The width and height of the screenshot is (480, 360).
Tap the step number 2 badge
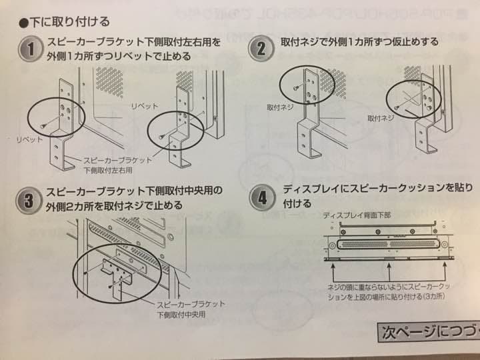click(x=261, y=47)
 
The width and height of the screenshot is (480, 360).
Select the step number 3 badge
click(x=29, y=198)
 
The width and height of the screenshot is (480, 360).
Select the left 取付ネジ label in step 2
click(x=281, y=107)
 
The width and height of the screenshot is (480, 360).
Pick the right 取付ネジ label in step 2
click(x=381, y=118)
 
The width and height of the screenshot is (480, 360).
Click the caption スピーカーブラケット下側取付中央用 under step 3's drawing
click(x=190, y=308)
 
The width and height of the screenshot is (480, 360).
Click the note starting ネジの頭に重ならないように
click(x=393, y=291)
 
